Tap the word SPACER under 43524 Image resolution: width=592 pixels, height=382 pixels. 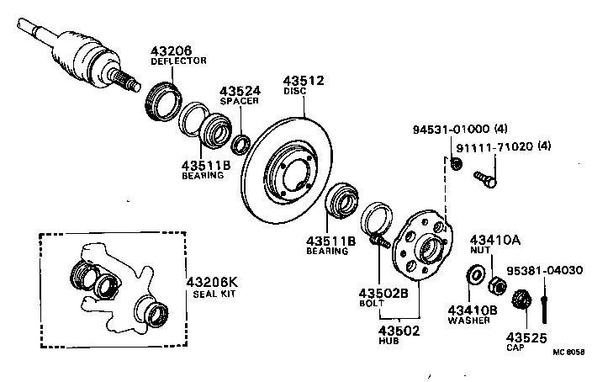tap(240, 101)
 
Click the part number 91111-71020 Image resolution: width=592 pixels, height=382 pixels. tap(491, 146)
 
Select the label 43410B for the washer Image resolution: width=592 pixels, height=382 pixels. tap(473, 310)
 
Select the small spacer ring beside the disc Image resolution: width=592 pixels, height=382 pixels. tap(241, 144)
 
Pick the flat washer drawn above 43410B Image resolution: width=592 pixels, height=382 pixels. tap(473, 274)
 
